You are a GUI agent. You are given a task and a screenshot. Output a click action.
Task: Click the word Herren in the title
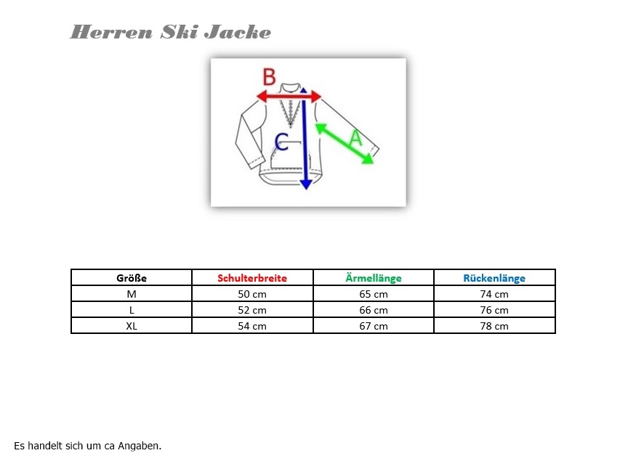[x=111, y=32]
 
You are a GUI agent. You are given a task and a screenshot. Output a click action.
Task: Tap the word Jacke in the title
[x=238, y=32]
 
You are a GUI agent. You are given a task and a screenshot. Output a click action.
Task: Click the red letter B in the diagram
[x=269, y=77]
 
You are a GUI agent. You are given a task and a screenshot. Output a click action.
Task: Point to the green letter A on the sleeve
[x=355, y=138]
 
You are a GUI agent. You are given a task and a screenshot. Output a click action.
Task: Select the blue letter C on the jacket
[x=281, y=142]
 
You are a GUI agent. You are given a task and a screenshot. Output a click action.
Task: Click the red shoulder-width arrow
[x=289, y=96]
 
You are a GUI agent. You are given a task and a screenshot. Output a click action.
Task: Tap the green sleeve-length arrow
[x=345, y=144]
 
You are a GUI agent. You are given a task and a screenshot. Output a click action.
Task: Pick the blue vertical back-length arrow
[x=305, y=139]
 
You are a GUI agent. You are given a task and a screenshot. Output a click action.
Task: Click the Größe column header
[x=132, y=278]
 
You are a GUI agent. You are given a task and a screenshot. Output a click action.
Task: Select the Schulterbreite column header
[x=252, y=278]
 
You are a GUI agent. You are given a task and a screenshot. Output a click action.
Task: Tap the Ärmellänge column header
[x=374, y=278]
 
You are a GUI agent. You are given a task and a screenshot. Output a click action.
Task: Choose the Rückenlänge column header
[x=494, y=278]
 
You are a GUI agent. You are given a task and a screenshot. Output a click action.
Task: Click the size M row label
[x=132, y=294]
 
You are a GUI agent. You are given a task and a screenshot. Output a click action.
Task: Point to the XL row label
[x=132, y=326]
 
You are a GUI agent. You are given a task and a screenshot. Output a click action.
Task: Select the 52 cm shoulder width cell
[x=252, y=310]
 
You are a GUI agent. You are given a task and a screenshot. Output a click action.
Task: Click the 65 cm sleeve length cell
[x=374, y=294]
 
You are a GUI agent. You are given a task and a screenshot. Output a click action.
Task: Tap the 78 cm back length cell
[x=494, y=326]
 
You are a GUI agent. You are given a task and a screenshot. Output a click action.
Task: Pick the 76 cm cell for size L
[x=494, y=310]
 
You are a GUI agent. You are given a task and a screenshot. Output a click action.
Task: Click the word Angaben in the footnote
[x=140, y=446]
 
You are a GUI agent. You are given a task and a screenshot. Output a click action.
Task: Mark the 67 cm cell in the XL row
[x=374, y=326]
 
